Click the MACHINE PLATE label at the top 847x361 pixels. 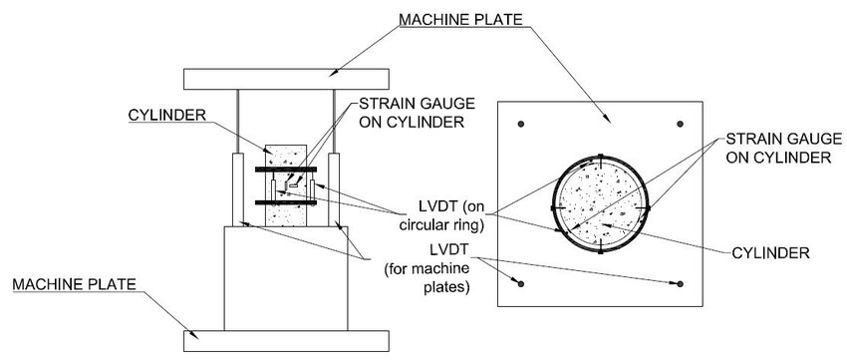460,20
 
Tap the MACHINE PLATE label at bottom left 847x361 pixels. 74,284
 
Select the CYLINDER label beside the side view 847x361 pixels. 160,115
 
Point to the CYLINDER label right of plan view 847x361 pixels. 770,253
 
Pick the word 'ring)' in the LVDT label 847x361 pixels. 467,226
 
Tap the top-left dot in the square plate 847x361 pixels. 521,124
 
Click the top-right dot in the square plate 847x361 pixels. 680,124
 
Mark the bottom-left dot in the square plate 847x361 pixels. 521,284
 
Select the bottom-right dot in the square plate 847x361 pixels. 680,284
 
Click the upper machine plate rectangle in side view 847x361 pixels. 286,79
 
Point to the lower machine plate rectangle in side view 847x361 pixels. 286,340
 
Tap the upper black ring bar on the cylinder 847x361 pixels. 285,170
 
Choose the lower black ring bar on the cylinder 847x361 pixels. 285,202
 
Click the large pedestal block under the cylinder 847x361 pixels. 286,278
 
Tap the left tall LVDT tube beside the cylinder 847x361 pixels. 238,189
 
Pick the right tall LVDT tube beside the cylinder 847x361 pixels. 334,189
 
